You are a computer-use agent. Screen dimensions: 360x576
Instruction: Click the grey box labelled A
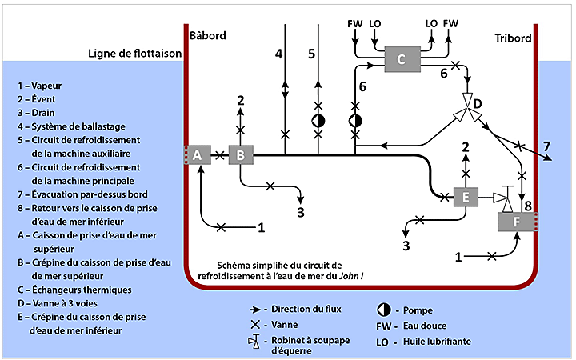[x=198, y=154]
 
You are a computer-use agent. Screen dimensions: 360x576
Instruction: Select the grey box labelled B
[x=240, y=154]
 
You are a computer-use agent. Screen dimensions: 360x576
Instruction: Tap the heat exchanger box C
[x=402, y=58]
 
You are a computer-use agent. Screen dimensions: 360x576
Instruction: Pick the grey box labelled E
[x=465, y=197]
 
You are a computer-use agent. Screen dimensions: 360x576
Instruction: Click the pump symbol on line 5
[x=318, y=121]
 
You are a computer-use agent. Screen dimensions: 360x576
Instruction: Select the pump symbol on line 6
[x=354, y=121]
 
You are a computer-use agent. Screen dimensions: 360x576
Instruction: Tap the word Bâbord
[x=210, y=36]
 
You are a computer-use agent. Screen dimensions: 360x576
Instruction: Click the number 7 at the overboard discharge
[x=546, y=146]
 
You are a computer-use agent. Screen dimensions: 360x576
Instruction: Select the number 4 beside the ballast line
[x=278, y=54]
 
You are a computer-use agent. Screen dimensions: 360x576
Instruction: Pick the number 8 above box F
[x=527, y=206]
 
